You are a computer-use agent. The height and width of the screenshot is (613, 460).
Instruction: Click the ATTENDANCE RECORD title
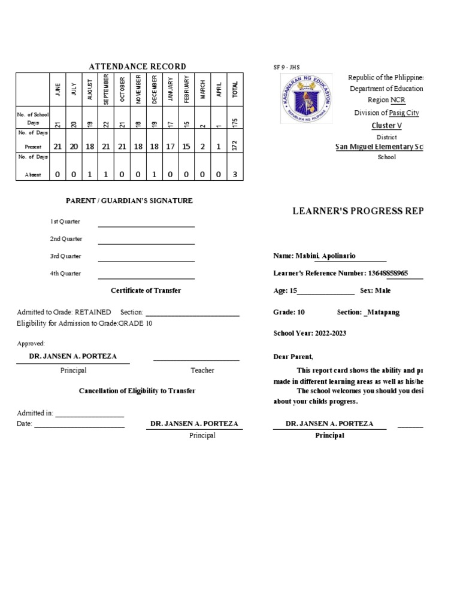coord(137,66)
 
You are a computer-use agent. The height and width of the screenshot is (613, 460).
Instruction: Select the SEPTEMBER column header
coord(106,89)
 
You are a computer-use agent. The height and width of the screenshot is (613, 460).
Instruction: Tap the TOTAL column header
coord(235,89)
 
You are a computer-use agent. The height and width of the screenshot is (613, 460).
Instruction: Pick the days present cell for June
coord(58,146)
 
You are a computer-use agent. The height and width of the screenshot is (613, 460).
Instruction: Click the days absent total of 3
coord(235,174)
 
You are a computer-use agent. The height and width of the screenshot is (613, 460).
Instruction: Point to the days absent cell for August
coord(90,174)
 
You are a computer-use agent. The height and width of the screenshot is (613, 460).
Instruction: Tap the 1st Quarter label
coord(65,222)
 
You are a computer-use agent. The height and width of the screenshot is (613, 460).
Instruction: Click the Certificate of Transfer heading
coord(146,291)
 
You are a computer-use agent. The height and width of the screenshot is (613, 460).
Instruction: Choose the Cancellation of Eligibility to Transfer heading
coord(137,391)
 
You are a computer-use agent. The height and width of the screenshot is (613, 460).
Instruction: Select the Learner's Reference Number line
coord(340,274)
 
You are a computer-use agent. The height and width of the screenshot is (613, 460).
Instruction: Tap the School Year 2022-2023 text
coord(310,333)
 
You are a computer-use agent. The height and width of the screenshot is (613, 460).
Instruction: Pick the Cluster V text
coord(384,125)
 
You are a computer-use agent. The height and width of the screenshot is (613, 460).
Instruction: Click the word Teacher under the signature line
coord(202,371)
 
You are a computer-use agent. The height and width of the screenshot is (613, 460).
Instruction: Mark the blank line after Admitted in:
coord(90,415)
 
